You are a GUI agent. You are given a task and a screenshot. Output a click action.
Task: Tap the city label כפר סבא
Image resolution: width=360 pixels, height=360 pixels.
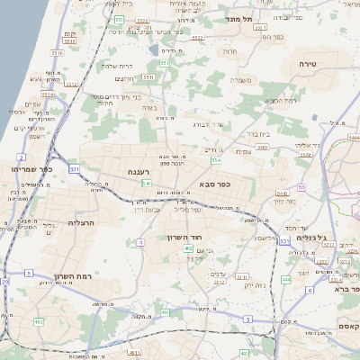pos(217,184)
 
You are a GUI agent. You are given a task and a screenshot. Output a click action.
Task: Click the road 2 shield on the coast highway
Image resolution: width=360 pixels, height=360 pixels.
pos(20,157)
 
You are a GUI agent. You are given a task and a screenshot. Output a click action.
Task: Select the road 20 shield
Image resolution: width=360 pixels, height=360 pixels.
pos(4,282)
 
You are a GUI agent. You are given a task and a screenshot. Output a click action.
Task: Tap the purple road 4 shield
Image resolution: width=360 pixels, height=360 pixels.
pos(140,243)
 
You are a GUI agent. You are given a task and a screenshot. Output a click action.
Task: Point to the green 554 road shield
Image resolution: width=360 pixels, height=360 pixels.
pos(216,159)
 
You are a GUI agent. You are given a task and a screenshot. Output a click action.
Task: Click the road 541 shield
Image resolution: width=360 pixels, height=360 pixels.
pos(146,184)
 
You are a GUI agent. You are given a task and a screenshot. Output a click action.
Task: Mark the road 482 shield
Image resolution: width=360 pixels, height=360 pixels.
pos(39,321)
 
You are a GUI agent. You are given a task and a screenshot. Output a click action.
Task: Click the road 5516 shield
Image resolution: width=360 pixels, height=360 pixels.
pos(56,54)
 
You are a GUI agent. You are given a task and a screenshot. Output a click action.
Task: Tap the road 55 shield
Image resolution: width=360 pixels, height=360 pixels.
pos(301,187)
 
